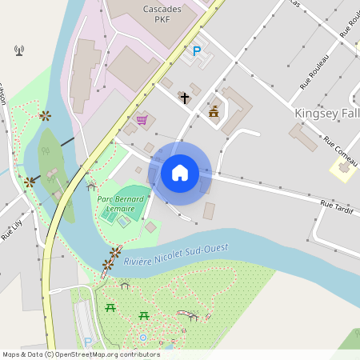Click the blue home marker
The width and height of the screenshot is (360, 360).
pyautogui.click(x=180, y=172)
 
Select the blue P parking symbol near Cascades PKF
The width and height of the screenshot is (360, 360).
pyautogui.click(x=197, y=51)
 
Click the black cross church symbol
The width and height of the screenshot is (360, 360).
pyautogui.click(x=185, y=98)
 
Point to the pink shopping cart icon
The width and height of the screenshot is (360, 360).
pyautogui.click(x=142, y=120)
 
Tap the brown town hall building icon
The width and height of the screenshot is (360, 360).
pyautogui.click(x=214, y=112)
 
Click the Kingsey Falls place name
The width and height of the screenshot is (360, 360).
pyautogui.click(x=326, y=113)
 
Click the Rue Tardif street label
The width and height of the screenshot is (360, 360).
pyautogui.click(x=337, y=206)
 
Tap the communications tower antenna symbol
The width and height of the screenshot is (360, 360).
pyautogui.click(x=19, y=51)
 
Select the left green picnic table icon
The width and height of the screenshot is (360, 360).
pyautogui.click(x=110, y=306)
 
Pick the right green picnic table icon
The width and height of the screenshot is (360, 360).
pyautogui.click(x=145, y=315)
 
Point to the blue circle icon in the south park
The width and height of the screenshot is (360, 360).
pyautogui.click(x=143, y=338)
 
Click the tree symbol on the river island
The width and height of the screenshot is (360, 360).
pyautogui.click(x=45, y=150)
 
